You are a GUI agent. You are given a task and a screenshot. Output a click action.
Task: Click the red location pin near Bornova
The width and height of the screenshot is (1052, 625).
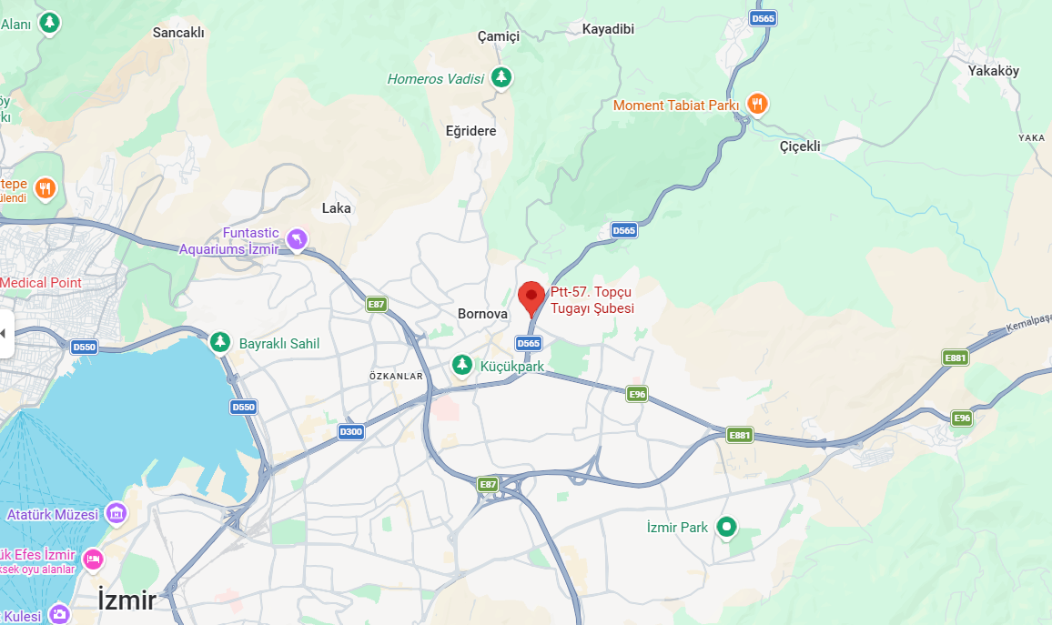click(531, 297)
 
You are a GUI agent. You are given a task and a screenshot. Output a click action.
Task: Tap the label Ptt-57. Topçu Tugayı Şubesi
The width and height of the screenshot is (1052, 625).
click(592, 300)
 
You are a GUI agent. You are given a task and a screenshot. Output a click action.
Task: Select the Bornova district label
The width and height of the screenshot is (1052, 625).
click(482, 314)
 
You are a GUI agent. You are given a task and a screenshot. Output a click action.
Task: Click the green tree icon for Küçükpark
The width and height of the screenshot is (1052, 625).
click(463, 365)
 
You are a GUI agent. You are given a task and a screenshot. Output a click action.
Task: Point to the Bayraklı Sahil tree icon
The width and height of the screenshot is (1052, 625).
click(219, 342)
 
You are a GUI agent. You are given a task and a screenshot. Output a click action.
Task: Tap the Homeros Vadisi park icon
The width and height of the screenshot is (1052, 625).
click(501, 78)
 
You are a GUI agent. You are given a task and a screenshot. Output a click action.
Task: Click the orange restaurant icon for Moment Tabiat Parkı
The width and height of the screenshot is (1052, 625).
click(756, 105)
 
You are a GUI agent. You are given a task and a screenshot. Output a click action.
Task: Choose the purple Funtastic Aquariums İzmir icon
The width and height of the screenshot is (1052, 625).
click(297, 239)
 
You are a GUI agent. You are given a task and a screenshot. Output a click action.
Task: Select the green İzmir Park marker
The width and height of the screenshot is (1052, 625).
click(726, 526)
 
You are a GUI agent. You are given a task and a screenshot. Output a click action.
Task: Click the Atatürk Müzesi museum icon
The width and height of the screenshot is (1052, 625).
click(116, 514)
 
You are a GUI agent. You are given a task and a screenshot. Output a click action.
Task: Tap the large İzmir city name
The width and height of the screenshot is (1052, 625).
click(127, 600)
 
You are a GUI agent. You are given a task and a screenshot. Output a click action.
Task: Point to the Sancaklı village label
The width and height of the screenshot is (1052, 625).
click(178, 33)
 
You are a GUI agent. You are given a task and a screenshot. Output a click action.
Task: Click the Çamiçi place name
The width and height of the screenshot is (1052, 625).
click(499, 36)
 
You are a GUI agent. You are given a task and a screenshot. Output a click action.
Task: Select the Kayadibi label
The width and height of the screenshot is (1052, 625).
click(608, 29)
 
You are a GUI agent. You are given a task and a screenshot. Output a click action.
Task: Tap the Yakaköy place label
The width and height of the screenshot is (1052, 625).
click(994, 71)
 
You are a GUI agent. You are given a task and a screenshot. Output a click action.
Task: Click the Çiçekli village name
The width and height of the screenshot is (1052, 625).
click(800, 146)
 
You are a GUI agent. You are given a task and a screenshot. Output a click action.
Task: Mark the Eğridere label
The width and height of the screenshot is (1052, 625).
click(471, 131)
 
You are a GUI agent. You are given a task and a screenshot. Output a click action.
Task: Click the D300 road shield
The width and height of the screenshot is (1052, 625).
click(351, 432)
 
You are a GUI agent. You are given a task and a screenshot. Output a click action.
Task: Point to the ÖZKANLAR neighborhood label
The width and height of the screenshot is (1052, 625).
click(397, 376)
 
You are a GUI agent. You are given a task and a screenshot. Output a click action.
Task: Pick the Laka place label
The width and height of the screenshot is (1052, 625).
click(337, 208)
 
